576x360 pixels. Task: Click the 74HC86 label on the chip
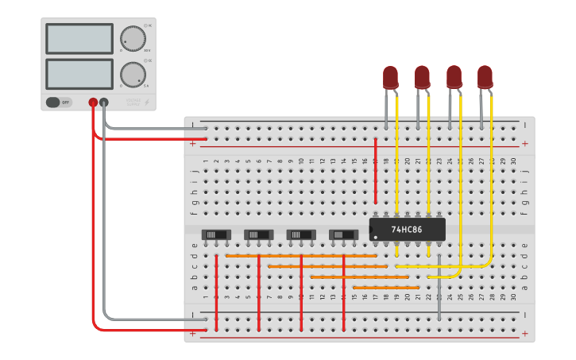click(406, 230)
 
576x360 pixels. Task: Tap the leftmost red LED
click(390, 77)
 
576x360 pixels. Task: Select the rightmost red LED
click(485, 77)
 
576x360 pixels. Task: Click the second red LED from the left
click(422, 77)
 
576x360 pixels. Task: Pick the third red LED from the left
click(454, 77)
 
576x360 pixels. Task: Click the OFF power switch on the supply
click(59, 102)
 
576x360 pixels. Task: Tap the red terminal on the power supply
click(93, 103)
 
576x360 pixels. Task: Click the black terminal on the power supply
click(104, 103)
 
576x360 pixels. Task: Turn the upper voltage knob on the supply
click(133, 38)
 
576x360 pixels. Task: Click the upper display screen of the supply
click(79, 38)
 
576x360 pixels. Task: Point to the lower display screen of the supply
click(79, 74)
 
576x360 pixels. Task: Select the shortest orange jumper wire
click(385, 287)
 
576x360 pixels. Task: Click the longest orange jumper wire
click(301, 256)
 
